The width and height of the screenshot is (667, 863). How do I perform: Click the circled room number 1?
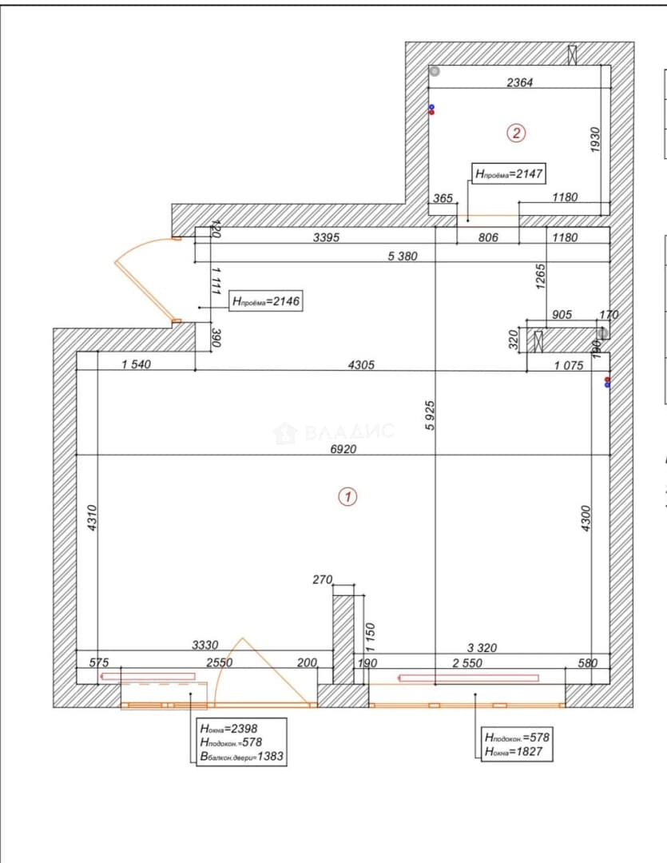pyautogui.click(x=347, y=497)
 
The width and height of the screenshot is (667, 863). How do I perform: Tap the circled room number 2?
pyautogui.click(x=516, y=133)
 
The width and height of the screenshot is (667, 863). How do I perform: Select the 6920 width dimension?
pyautogui.click(x=343, y=449)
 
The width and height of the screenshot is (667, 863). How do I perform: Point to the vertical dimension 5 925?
pyautogui.click(x=431, y=416)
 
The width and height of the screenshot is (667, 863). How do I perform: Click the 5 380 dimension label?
pyautogui.click(x=403, y=256)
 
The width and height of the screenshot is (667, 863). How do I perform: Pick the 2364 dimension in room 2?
pyautogui.click(x=519, y=82)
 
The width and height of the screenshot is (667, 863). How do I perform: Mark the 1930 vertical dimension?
pyautogui.click(x=595, y=141)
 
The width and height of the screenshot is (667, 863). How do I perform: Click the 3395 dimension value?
pyautogui.click(x=327, y=238)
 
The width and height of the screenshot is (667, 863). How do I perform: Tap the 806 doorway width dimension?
pyautogui.click(x=488, y=238)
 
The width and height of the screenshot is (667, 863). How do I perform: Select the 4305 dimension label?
pyautogui.click(x=362, y=365)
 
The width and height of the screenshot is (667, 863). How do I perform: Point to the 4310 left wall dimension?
pyautogui.click(x=93, y=518)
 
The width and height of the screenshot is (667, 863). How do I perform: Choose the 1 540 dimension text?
pyautogui.click(x=136, y=364)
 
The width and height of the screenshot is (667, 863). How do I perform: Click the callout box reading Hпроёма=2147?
pyautogui.click(x=509, y=174)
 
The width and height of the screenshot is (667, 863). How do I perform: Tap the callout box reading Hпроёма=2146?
pyautogui.click(x=266, y=301)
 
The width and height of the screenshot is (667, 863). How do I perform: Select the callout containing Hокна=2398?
pyautogui.click(x=241, y=742)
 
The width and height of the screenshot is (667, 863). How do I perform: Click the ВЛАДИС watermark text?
pyautogui.click(x=349, y=431)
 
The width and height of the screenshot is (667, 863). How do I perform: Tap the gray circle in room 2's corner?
pyautogui.click(x=435, y=71)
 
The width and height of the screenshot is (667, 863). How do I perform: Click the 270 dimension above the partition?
pyautogui.click(x=323, y=579)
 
